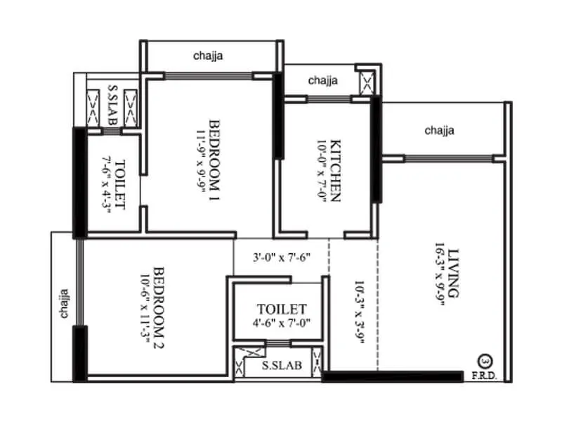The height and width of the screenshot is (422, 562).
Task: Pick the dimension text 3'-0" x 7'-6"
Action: (x=281, y=258)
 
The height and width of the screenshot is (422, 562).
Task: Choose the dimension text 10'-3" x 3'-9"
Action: (x=359, y=307)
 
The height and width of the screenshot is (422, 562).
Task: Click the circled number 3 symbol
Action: (x=484, y=364)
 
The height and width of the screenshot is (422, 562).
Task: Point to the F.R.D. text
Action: (x=484, y=377)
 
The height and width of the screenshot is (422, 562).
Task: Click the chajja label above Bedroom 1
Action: (x=209, y=55)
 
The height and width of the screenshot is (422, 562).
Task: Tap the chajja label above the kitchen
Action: (x=323, y=80)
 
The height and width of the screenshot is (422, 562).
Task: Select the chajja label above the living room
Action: (x=440, y=130)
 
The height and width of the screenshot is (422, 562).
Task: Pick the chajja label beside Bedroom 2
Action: (x=64, y=302)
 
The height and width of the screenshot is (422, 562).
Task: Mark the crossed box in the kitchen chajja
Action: (x=365, y=84)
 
